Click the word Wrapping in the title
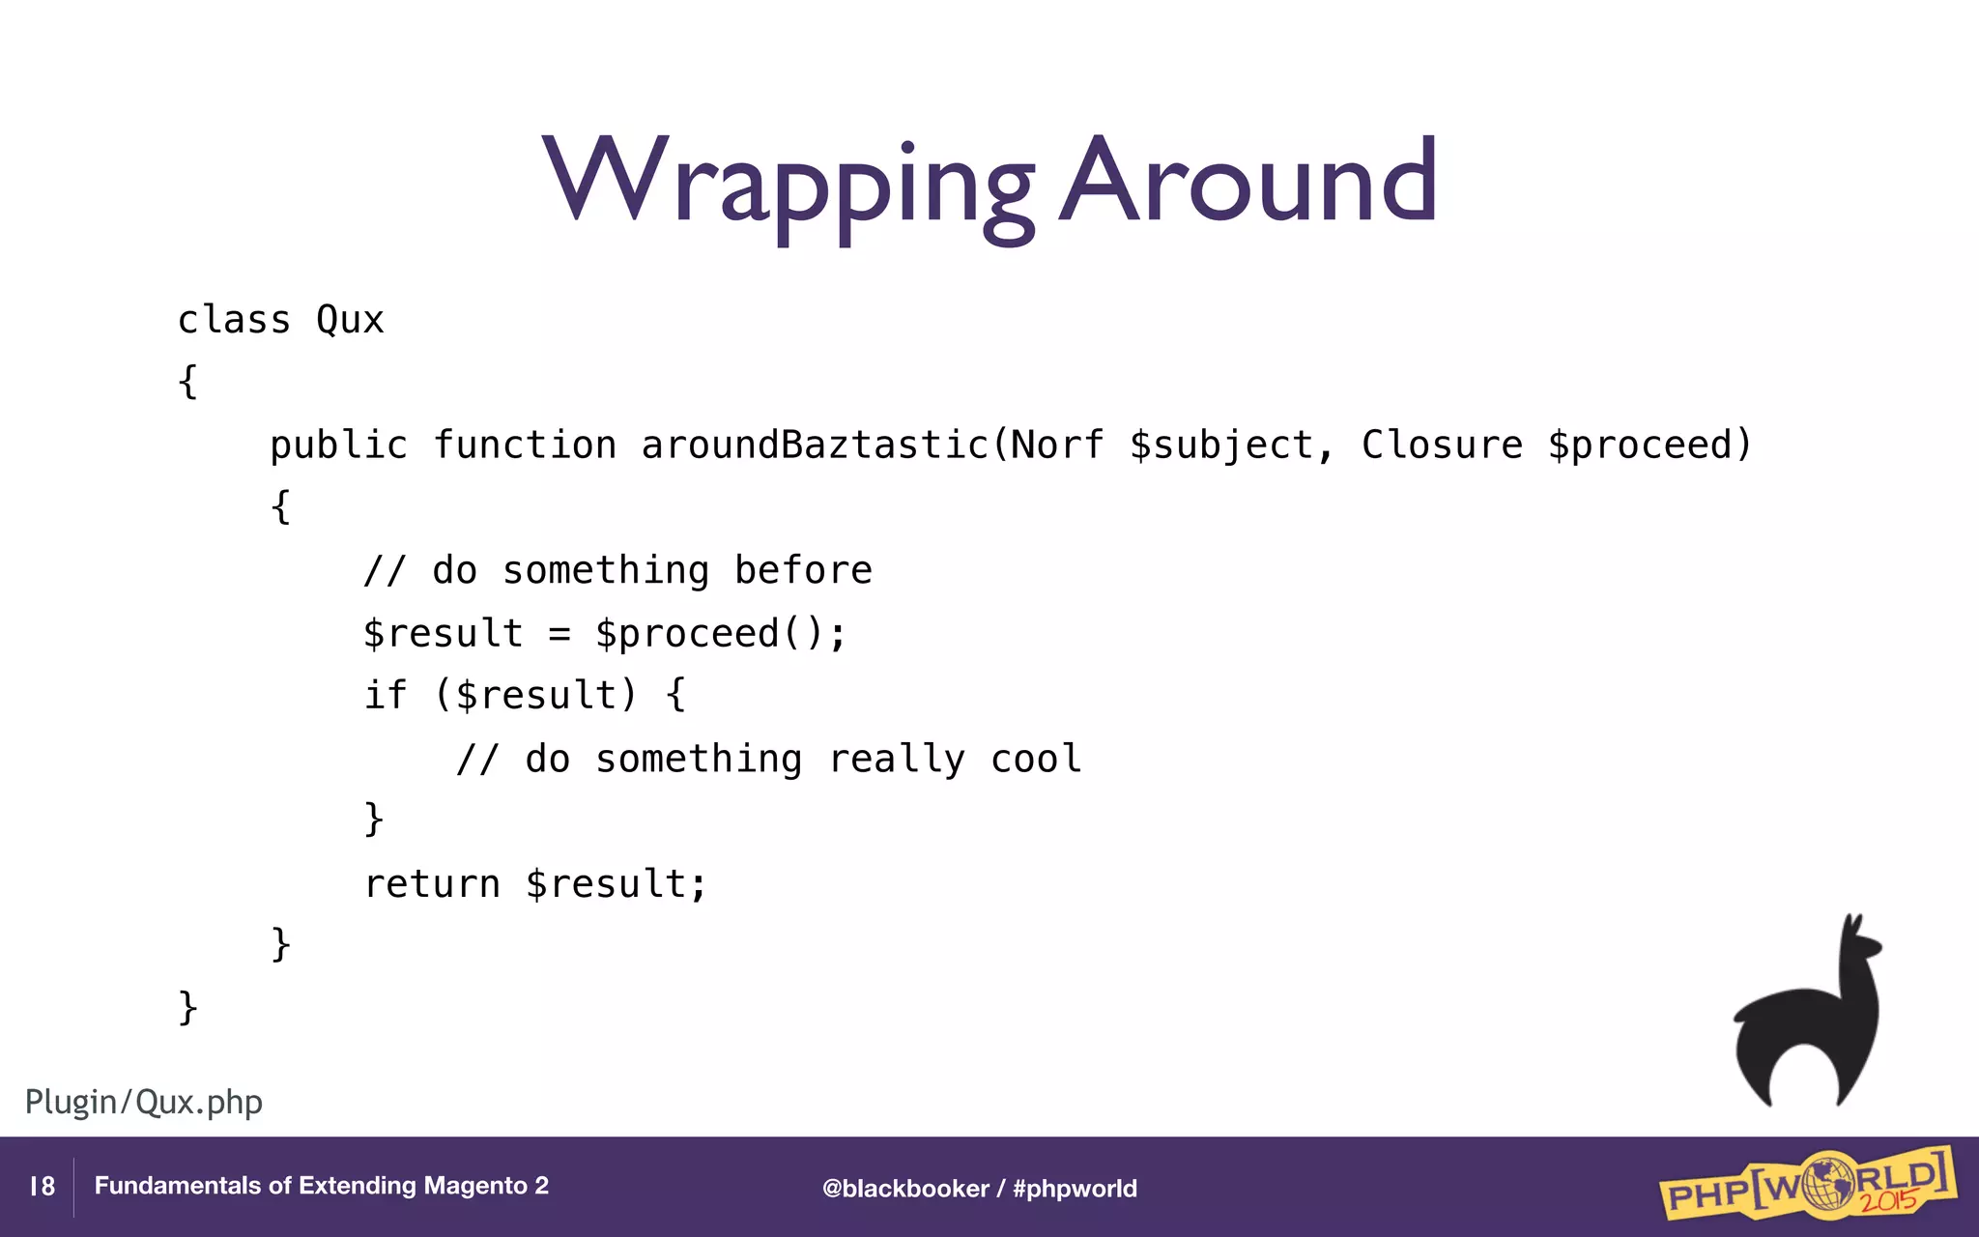[788, 184]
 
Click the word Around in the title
[1248, 182]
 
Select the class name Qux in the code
[350, 321]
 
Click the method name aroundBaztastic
[815, 446]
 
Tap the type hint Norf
[1057, 446]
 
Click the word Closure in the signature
[1442, 446]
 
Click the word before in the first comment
[803, 570]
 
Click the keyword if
[385, 695]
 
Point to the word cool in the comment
[1035, 759]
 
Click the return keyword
[432, 884]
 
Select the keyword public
[338, 446]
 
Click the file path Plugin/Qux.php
[144, 1102]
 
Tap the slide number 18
[42, 1187]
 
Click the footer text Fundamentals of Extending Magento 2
[321, 1186]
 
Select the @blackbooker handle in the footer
[905, 1189]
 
